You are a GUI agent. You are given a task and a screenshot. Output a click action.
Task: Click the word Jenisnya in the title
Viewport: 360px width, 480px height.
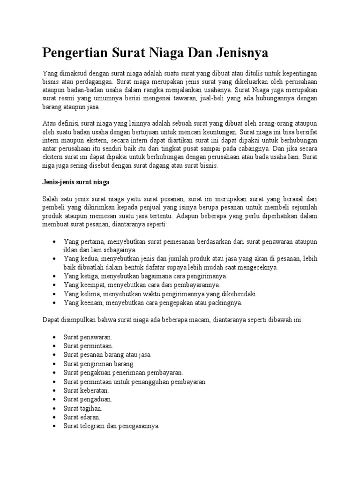tap(242, 53)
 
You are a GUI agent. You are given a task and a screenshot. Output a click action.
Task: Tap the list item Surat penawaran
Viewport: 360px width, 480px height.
tap(88, 337)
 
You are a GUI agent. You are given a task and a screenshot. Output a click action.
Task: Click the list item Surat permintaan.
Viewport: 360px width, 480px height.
tap(89, 346)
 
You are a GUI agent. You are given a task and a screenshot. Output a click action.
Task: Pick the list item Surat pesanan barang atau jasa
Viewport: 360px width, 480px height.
tap(107, 355)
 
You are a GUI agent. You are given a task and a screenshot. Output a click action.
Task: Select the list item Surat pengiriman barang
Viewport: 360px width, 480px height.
tap(99, 364)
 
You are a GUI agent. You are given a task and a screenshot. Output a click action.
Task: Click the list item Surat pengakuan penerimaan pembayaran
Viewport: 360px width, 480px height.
tap(123, 373)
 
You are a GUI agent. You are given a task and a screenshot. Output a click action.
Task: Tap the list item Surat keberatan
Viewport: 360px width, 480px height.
tap(87, 390)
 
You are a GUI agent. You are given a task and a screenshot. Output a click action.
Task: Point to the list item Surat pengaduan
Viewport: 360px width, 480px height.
tap(88, 399)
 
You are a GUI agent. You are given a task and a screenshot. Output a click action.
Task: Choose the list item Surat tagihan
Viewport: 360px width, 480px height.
tap(83, 408)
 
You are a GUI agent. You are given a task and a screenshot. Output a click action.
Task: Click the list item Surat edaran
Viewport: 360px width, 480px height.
tap(82, 417)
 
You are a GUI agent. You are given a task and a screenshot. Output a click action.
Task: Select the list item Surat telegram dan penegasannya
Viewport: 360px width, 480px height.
tap(112, 426)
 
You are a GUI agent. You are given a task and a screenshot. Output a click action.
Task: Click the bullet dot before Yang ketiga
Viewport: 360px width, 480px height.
tap(55, 276)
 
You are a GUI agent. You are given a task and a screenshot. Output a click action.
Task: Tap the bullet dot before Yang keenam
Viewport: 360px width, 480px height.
tap(55, 303)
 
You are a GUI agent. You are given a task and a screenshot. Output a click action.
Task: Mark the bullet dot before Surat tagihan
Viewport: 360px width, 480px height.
tap(55, 408)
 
